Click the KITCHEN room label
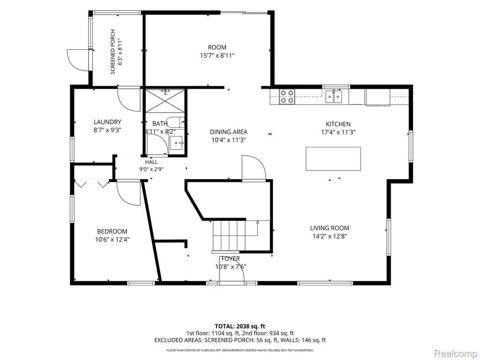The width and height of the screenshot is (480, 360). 338,124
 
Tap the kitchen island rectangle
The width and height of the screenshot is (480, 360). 333,158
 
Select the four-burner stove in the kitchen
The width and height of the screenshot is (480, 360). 287,96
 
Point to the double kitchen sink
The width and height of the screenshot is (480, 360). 334,97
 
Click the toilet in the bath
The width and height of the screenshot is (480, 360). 176,122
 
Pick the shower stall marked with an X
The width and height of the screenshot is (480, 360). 165,101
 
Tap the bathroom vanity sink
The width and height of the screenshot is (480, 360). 177,142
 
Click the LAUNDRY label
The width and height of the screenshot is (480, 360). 107,122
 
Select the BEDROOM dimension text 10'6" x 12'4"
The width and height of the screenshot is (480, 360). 112,240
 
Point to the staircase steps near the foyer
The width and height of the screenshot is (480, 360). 235,236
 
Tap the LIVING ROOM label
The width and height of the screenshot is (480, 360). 330,228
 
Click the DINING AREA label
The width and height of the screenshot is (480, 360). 229,132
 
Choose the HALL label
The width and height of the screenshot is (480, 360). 151,162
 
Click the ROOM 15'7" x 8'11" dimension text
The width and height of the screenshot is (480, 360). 217,55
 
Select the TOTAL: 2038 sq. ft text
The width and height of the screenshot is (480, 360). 240,326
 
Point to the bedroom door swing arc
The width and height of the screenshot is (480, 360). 129,193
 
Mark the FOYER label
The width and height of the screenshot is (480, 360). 231,259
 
